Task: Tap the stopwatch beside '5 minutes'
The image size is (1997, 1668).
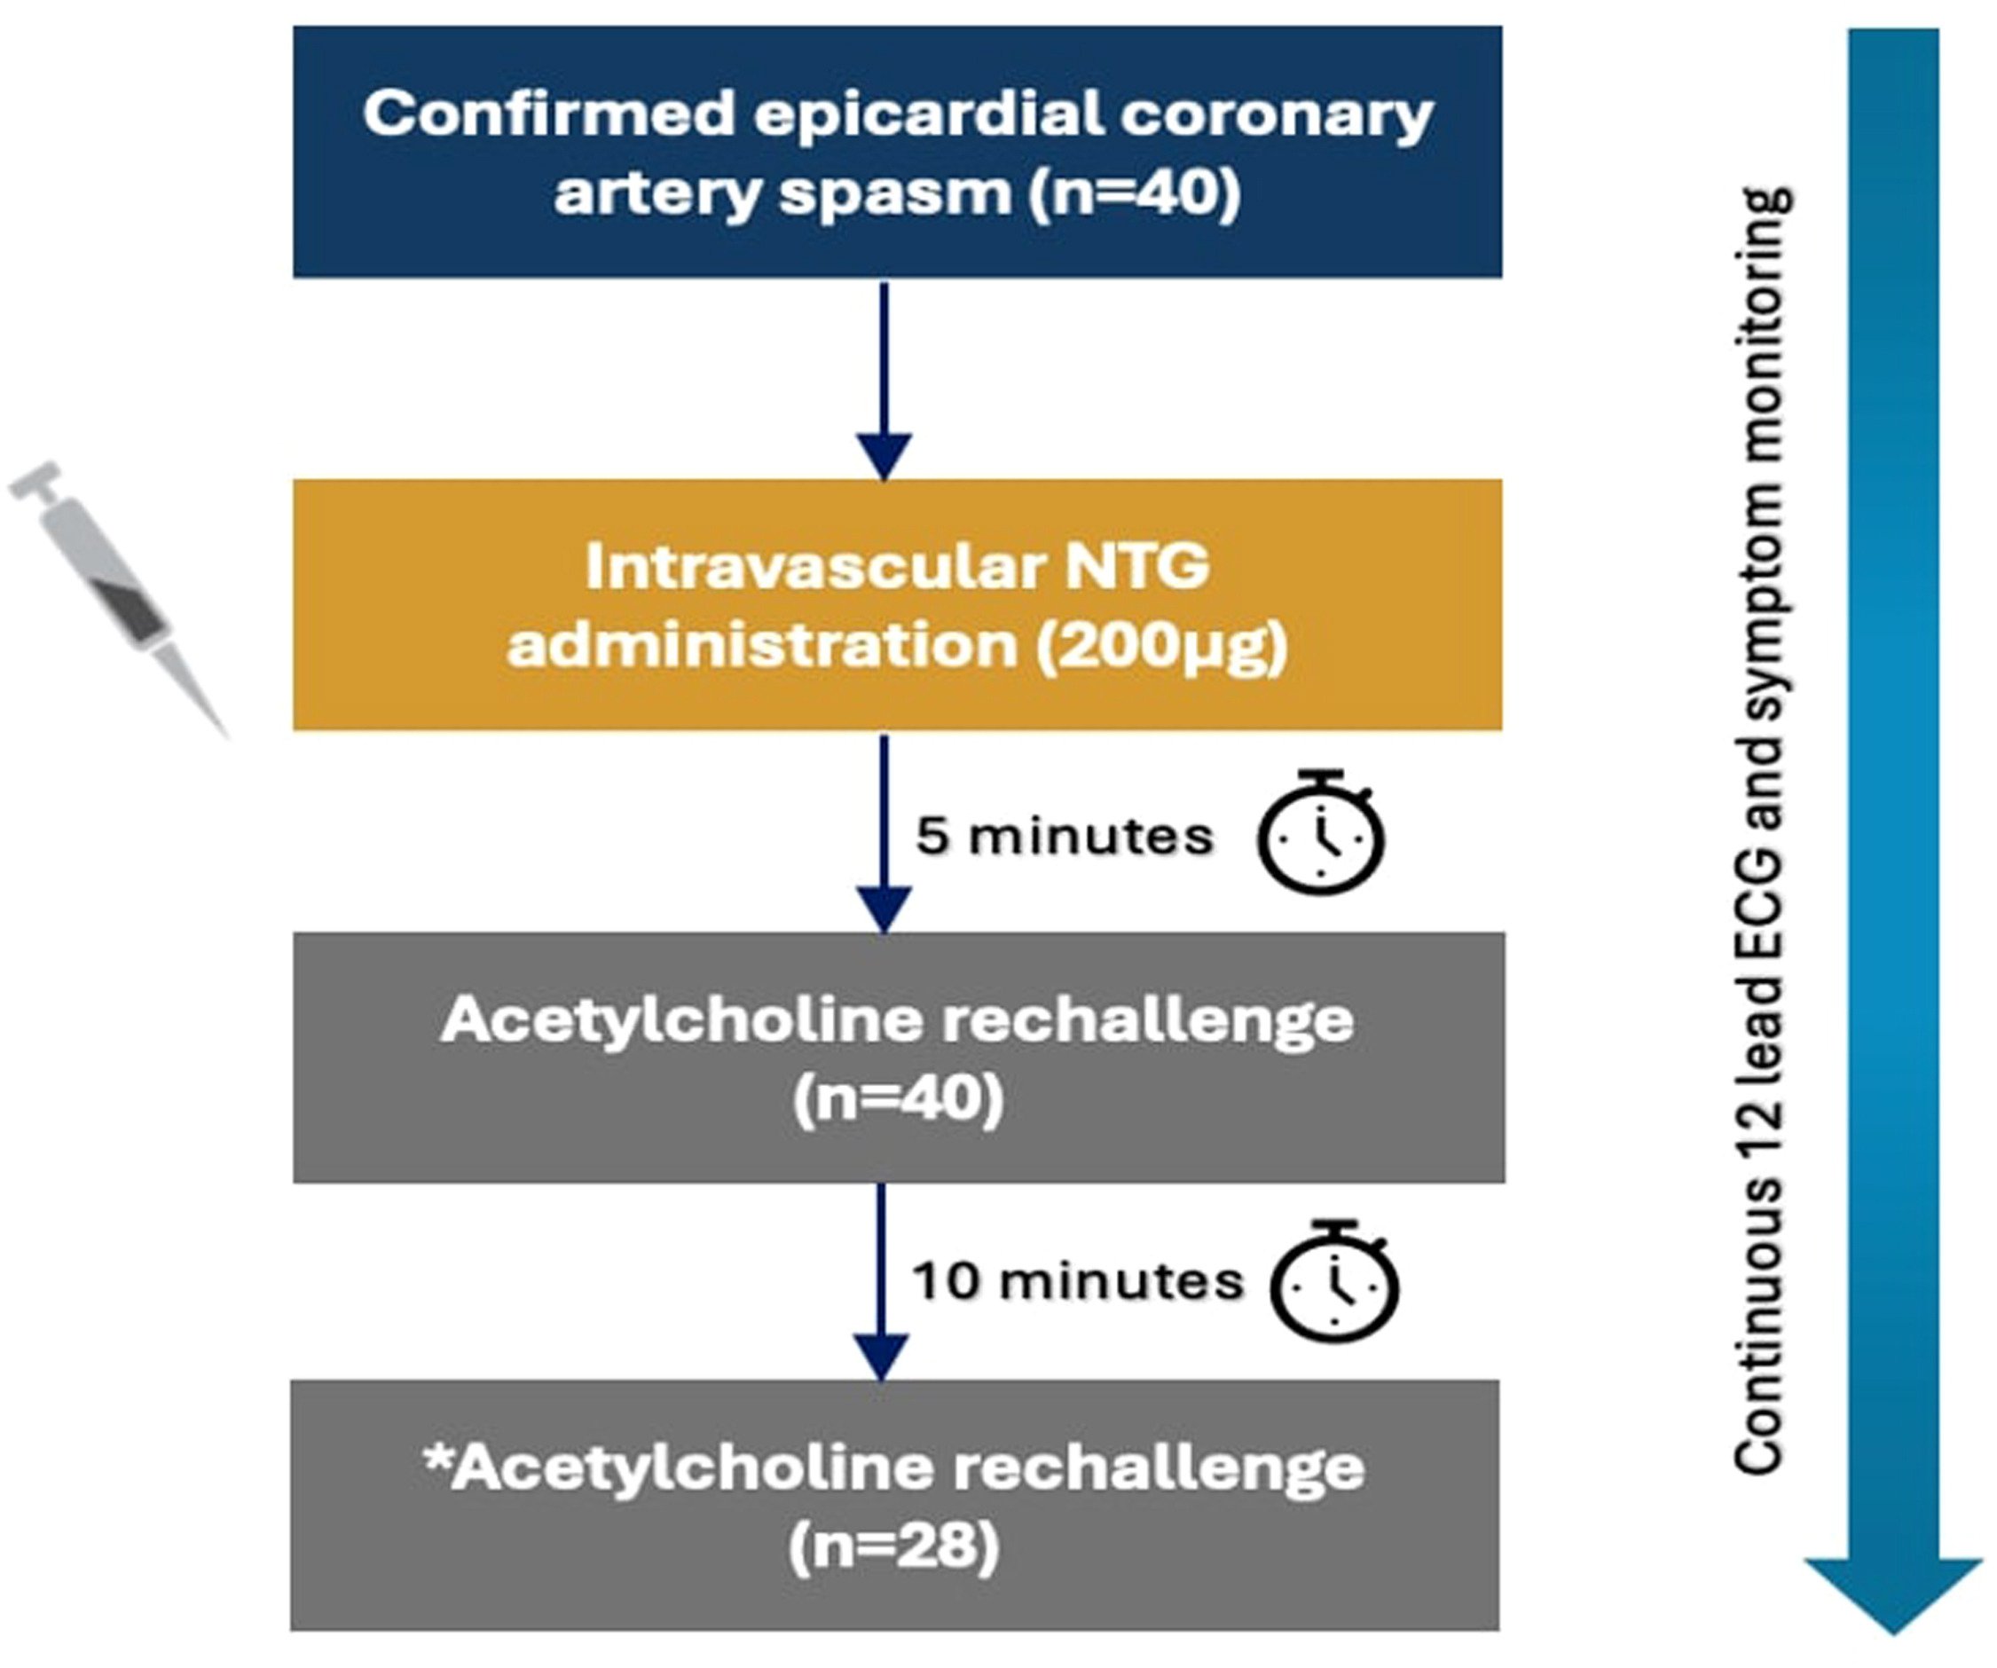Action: point(1321,832)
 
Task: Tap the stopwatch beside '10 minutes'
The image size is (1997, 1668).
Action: point(1334,1281)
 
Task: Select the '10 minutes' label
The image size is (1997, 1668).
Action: point(1077,1281)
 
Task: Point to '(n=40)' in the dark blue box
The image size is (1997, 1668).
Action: point(1135,193)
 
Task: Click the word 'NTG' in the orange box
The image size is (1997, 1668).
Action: point(1136,567)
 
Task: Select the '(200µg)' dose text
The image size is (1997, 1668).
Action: point(1161,648)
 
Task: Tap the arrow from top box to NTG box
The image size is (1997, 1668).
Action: point(884,381)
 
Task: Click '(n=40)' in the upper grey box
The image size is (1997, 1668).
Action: point(898,1100)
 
